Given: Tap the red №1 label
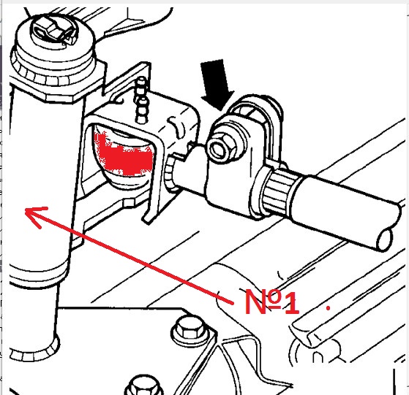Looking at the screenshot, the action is point(271,302).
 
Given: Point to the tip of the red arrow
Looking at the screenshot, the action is point(26,210).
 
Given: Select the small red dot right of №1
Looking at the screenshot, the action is point(329,308).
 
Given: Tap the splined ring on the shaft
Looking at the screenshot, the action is point(278,189).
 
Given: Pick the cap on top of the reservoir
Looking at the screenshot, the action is point(53,37).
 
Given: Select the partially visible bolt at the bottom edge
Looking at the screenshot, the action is point(143,386).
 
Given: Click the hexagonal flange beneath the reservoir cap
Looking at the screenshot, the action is point(56,83).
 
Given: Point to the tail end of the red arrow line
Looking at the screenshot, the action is point(233,303).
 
